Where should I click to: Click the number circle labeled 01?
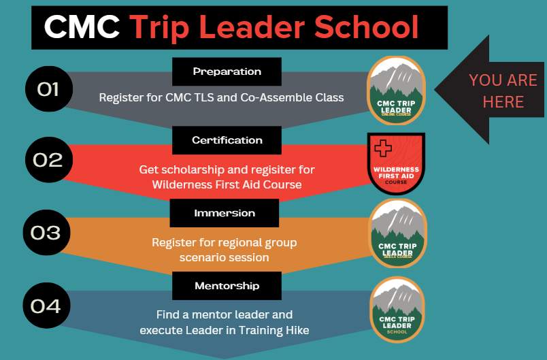pyautogui.click(x=48, y=89)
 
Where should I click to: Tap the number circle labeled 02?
pyautogui.click(x=48, y=160)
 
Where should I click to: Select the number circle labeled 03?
pyautogui.click(x=46, y=233)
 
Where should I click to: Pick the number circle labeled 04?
pyautogui.click(x=46, y=306)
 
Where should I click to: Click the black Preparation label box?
pyautogui.click(x=227, y=71)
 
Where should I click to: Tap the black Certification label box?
pyautogui.click(x=227, y=140)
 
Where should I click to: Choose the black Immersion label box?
pyautogui.click(x=224, y=213)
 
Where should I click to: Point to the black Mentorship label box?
pyautogui.click(x=227, y=286)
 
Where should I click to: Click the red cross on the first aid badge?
pyautogui.click(x=384, y=148)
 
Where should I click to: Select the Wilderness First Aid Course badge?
pyautogui.click(x=396, y=163)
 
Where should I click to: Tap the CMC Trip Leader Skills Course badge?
pyautogui.click(x=397, y=233)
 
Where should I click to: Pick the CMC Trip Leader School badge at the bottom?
pyautogui.click(x=397, y=310)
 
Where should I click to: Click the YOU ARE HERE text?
pyautogui.click(x=503, y=91)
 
